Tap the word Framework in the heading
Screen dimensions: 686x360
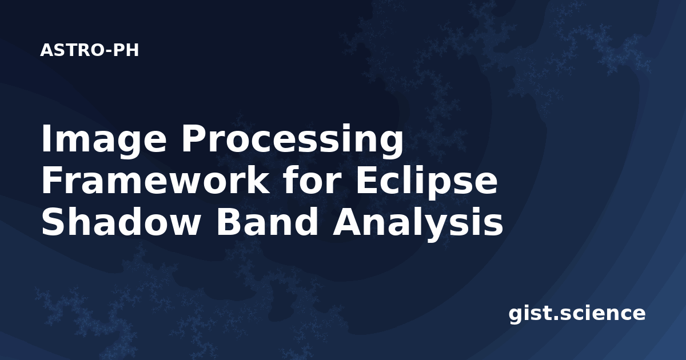click(x=155, y=182)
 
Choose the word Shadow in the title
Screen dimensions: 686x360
click(x=120, y=223)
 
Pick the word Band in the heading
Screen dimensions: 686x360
click(x=268, y=223)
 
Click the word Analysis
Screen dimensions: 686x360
click(x=418, y=225)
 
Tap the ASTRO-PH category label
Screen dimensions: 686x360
click(x=89, y=50)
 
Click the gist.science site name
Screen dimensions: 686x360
click(x=577, y=314)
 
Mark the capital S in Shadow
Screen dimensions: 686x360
click(x=53, y=223)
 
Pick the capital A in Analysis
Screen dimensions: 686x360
click(x=346, y=223)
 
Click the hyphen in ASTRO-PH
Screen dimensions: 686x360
click(x=109, y=51)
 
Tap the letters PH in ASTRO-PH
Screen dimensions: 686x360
click(x=126, y=50)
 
